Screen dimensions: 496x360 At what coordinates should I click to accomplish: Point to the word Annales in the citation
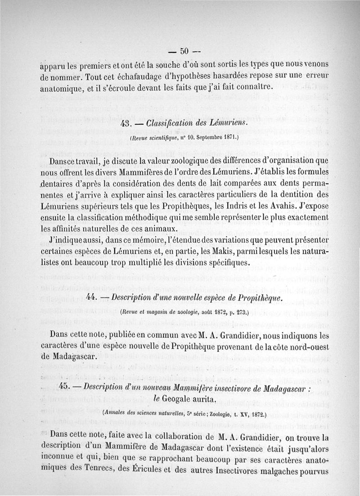(x=116, y=412)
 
